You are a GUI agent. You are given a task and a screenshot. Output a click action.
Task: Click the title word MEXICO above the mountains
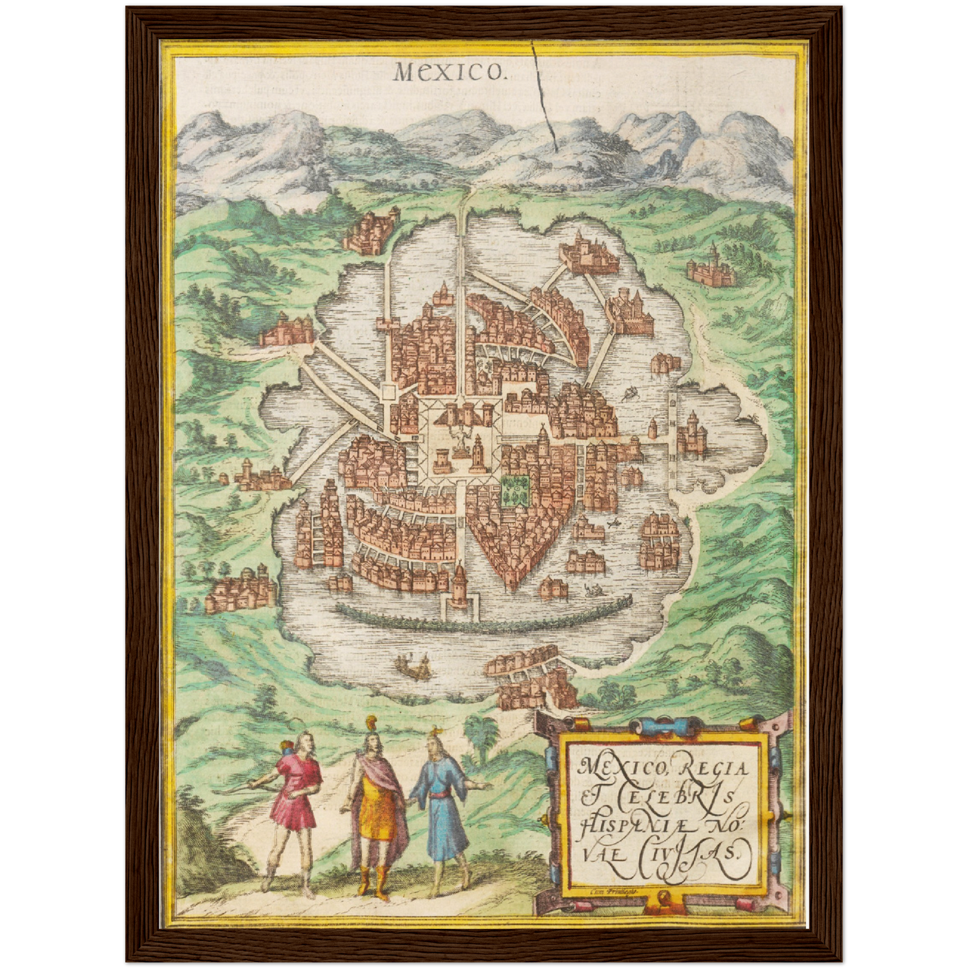pyautogui.click(x=448, y=70)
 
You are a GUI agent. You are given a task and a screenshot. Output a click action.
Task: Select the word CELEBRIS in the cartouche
pyautogui.click(x=673, y=798)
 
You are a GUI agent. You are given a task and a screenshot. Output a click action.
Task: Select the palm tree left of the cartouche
pyautogui.click(x=482, y=731)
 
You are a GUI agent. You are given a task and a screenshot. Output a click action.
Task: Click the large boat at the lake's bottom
pyautogui.click(x=413, y=667)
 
